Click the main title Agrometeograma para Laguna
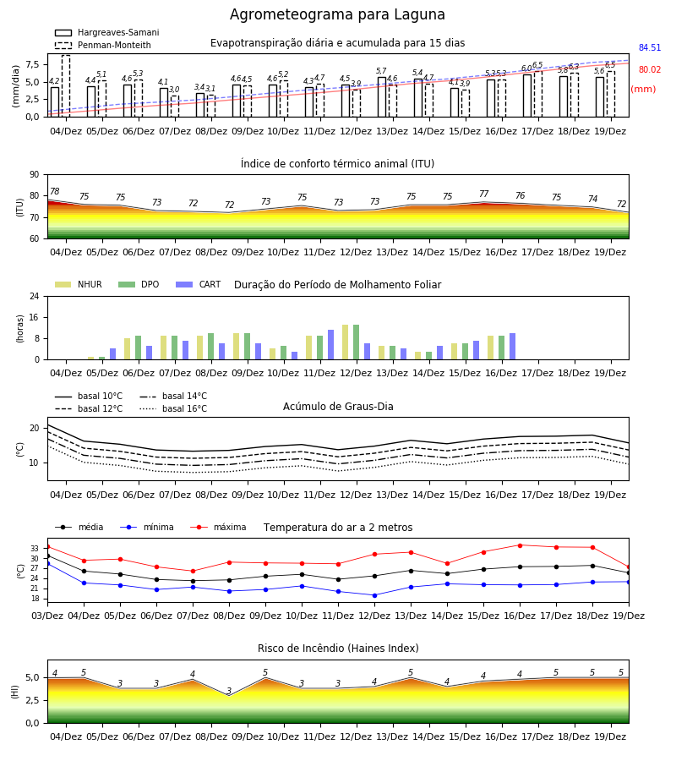point(337,14)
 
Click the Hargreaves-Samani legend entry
point(106,32)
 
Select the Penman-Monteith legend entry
point(103,45)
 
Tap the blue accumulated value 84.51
point(649,47)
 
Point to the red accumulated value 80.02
point(649,69)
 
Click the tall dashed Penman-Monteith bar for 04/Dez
point(66,86)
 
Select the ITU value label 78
point(54,191)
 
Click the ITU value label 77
point(483,194)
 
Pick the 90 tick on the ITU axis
point(34,175)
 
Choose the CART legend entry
point(198,284)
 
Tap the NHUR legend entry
point(78,284)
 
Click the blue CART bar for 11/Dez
point(330,345)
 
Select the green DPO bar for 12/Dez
point(356,342)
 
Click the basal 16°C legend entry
point(173,408)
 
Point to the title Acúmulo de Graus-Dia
point(338,406)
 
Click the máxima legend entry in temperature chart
point(218,527)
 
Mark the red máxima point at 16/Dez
point(520,545)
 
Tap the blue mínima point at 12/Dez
point(374,595)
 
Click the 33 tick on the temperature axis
point(35,549)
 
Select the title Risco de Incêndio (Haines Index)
point(338,649)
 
